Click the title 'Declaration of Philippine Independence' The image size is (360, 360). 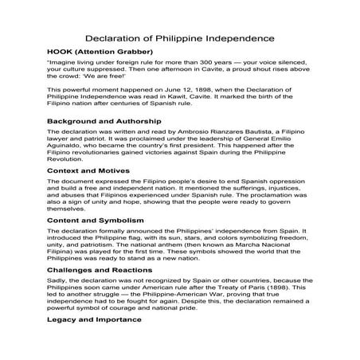181,37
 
